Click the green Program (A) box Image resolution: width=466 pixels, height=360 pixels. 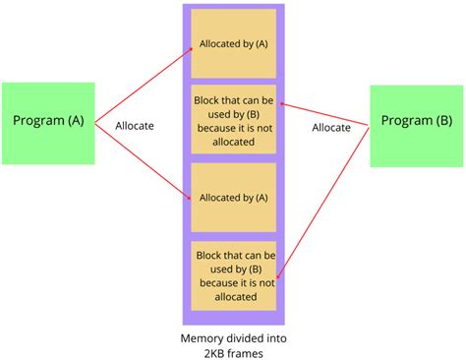tap(48, 122)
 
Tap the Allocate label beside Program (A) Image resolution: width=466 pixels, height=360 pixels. tap(135, 126)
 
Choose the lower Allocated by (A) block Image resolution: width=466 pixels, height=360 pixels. tap(233, 197)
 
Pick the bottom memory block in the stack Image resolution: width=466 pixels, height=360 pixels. tap(233, 275)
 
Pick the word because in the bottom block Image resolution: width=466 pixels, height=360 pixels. tap(219, 282)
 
